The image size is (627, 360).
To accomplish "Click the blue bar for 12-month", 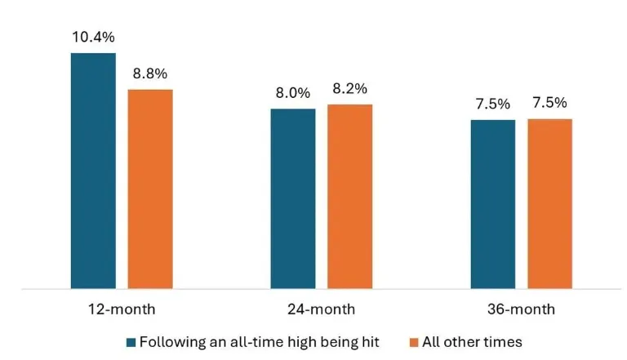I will click(93, 171).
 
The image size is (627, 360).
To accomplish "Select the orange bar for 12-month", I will click(150, 189).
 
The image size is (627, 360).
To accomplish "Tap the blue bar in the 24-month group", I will click(293, 198).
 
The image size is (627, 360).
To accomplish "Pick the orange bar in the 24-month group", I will click(349, 196).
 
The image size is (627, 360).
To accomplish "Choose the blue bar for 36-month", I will click(493, 204).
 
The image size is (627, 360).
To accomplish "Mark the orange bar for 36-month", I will click(549, 203).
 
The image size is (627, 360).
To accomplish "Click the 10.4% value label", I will click(93, 38).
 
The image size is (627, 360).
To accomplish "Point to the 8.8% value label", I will click(150, 73).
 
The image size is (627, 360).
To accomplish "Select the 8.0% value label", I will click(293, 93).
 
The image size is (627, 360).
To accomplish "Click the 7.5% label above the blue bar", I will click(493, 104).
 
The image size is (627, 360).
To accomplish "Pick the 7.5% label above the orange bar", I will click(549, 104).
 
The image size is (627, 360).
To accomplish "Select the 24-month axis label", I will click(322, 309).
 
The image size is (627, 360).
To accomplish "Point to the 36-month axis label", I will click(521, 309).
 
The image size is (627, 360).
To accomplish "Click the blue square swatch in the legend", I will click(131, 341).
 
